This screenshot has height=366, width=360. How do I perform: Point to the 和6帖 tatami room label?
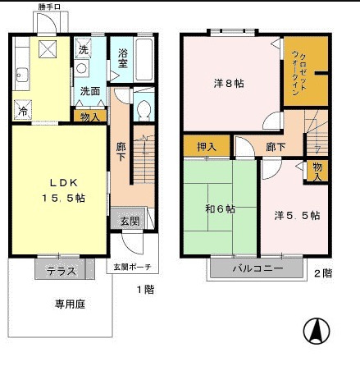(x=219, y=208)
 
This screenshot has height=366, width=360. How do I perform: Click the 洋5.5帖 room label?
(x=296, y=215)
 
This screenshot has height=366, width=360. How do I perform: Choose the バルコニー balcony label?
(x=256, y=268)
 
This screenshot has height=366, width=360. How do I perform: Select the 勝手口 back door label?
(x=49, y=7)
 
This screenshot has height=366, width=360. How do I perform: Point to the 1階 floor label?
(x=144, y=289)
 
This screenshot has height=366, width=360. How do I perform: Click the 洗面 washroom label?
(x=89, y=91)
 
